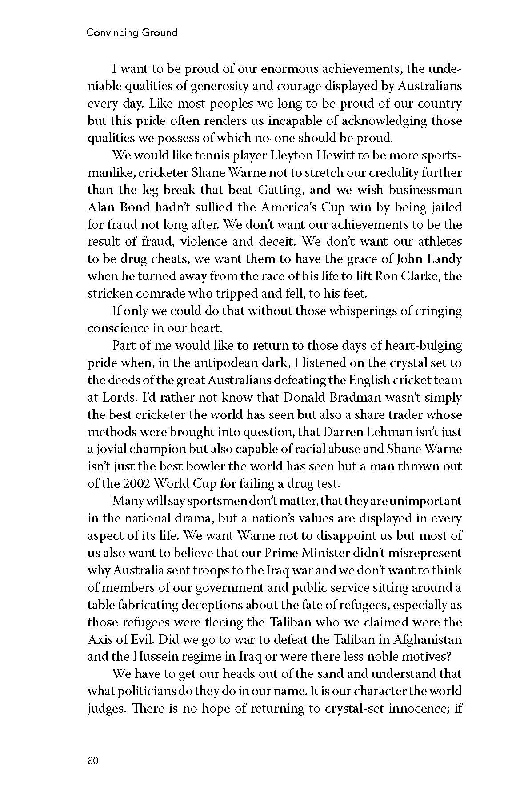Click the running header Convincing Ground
132,33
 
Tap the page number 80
93,761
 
